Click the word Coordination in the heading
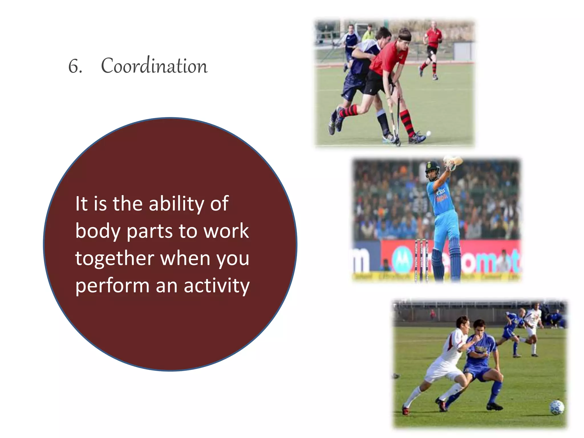coord(154,66)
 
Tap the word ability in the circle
coord(177,204)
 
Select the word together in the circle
coord(115,258)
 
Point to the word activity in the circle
coord(217,286)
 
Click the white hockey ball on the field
coord(428,133)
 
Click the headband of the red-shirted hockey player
coord(404,37)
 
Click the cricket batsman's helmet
coord(432,168)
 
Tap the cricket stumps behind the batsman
coord(421,259)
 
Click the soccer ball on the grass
coord(556,407)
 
